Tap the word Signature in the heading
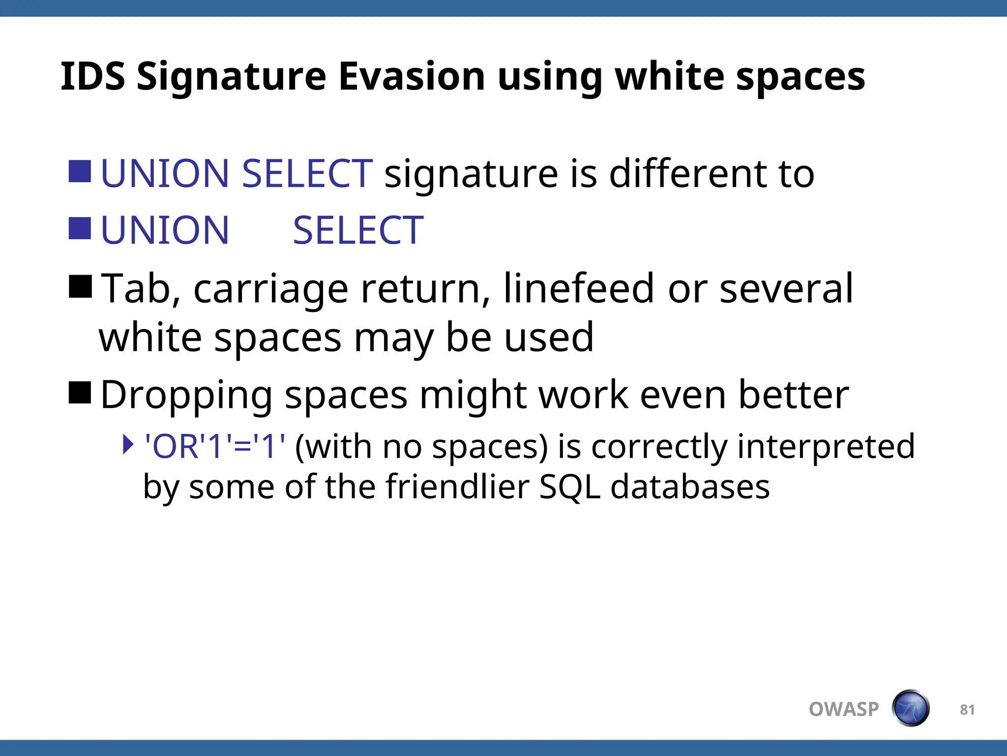pyautogui.click(x=231, y=78)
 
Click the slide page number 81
pyautogui.click(x=967, y=709)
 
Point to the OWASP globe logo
pyautogui.click(x=910, y=708)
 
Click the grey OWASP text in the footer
pyautogui.click(x=844, y=709)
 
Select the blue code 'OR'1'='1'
pyautogui.click(x=214, y=446)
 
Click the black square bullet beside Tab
pyautogui.click(x=80, y=287)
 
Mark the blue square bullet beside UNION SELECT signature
pyautogui.click(x=80, y=172)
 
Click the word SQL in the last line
pyautogui.click(x=569, y=487)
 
